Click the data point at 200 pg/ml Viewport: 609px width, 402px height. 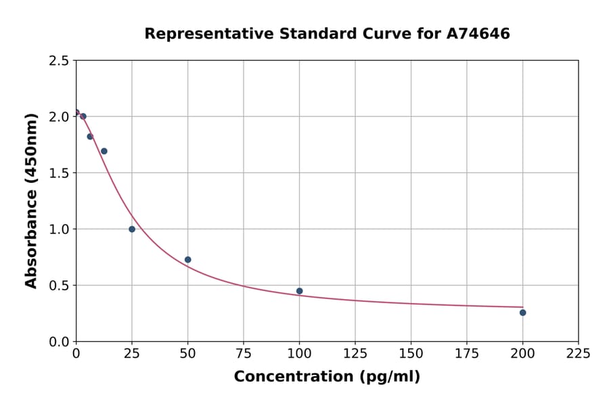click(x=522, y=313)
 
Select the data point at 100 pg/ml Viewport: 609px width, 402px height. click(x=299, y=291)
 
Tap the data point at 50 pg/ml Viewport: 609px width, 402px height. click(x=187, y=260)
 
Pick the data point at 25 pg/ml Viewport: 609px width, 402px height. click(x=132, y=229)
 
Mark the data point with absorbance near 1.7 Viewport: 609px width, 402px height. click(x=104, y=151)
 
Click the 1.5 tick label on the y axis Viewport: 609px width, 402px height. click(x=59, y=173)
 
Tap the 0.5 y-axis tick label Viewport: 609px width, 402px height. click(x=59, y=286)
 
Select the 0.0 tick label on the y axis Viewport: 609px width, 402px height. click(x=59, y=342)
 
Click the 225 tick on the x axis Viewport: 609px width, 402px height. click(x=578, y=353)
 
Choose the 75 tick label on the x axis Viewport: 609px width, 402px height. click(x=244, y=353)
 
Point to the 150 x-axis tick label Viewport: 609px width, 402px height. click(x=411, y=353)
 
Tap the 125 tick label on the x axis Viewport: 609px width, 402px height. click(x=355, y=353)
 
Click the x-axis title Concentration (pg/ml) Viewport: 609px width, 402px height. click(x=327, y=377)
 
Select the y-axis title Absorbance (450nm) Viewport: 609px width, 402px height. click(x=31, y=201)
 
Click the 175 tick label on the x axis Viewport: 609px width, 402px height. click(x=466, y=353)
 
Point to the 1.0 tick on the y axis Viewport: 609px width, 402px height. click(x=59, y=229)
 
